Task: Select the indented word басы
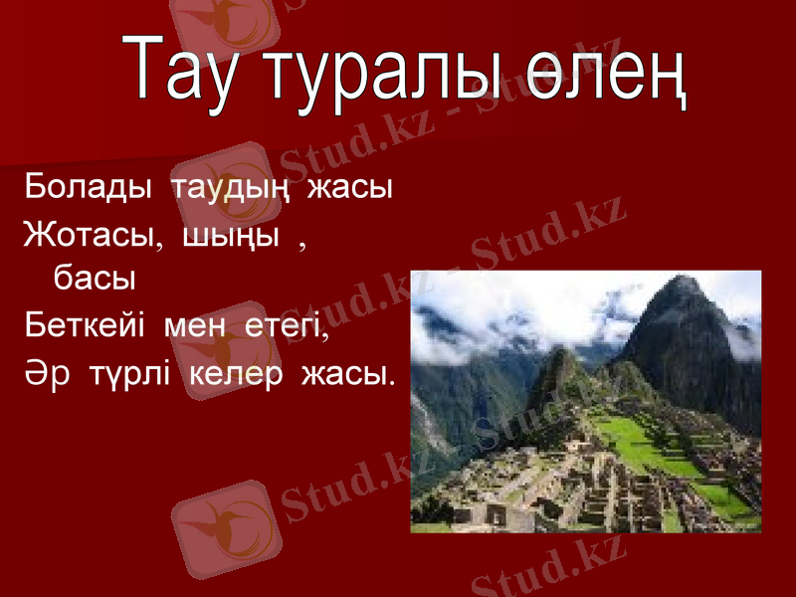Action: coord(95,279)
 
